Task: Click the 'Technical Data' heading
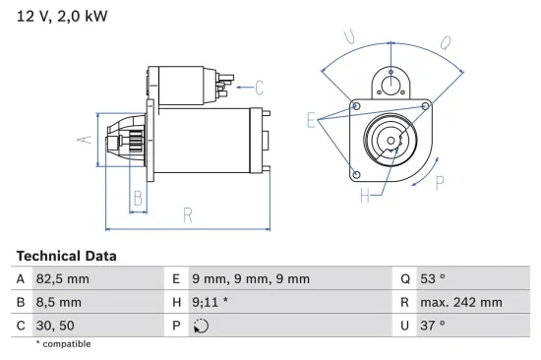[66, 256]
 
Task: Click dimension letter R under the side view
[188, 215]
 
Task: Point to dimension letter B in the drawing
[139, 199]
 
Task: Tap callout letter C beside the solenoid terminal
[260, 86]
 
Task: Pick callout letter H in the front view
[365, 196]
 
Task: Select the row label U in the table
[404, 325]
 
